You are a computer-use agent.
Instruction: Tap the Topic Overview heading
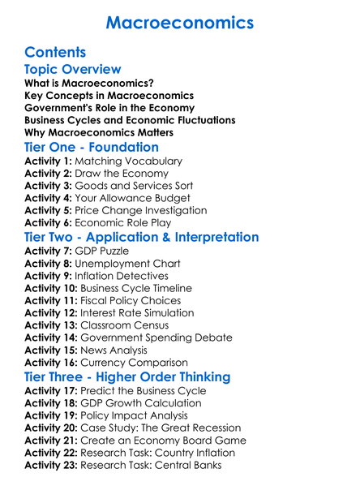coord(73,70)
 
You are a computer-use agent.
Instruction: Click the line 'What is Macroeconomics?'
coord(89,84)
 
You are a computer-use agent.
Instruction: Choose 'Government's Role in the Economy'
coord(109,108)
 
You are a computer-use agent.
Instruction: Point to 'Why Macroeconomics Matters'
coord(99,132)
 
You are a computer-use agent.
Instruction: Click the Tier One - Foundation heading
coord(92,148)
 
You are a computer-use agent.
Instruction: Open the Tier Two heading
coord(142,238)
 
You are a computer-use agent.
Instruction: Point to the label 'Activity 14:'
coord(51,337)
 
